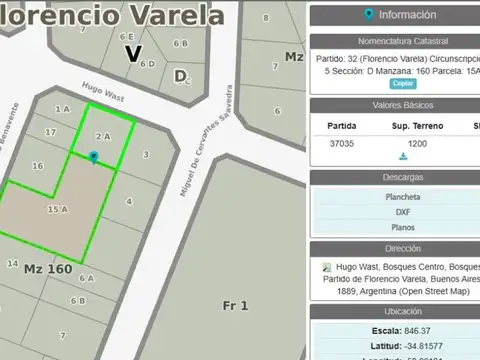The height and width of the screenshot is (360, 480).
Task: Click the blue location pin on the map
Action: pyautogui.click(x=93, y=157)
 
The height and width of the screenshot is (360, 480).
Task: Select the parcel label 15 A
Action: pyautogui.click(x=58, y=209)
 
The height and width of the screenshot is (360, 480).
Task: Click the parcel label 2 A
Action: pyautogui.click(x=102, y=135)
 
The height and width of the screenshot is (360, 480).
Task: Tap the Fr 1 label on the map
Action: pyautogui.click(x=236, y=304)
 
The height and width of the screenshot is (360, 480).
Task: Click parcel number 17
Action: pyautogui.click(x=50, y=132)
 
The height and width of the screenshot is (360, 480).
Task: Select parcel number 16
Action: pyautogui.click(x=38, y=166)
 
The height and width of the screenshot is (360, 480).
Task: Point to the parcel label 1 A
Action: pyautogui.click(x=62, y=108)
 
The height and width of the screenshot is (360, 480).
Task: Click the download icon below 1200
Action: pyautogui.click(x=403, y=157)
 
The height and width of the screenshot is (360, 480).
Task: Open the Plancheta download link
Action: pyautogui.click(x=403, y=197)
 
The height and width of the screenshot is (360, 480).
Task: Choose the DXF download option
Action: pyautogui.click(x=403, y=212)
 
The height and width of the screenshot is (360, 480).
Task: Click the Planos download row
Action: pyautogui.click(x=403, y=227)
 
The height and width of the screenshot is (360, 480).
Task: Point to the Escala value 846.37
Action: pyautogui.click(x=412, y=330)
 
